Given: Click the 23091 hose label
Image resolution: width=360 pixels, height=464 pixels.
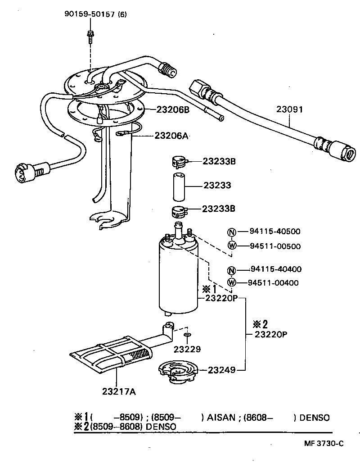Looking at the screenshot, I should (289, 109).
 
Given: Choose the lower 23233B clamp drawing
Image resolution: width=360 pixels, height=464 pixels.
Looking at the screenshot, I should (179, 210).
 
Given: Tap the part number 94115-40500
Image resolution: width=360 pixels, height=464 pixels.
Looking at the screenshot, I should (275, 232).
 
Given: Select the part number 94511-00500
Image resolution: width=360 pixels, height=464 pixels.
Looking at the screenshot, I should (275, 246).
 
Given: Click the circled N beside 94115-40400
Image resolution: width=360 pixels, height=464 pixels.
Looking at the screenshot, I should (231, 270).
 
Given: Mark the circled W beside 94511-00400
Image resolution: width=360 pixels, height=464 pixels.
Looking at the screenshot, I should (231, 283).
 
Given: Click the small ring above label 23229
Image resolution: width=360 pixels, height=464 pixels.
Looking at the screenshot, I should (187, 335).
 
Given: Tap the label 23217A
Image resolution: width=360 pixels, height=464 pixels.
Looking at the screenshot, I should (119, 391).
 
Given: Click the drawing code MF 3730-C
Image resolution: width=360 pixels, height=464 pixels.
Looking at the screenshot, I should (323, 443).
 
